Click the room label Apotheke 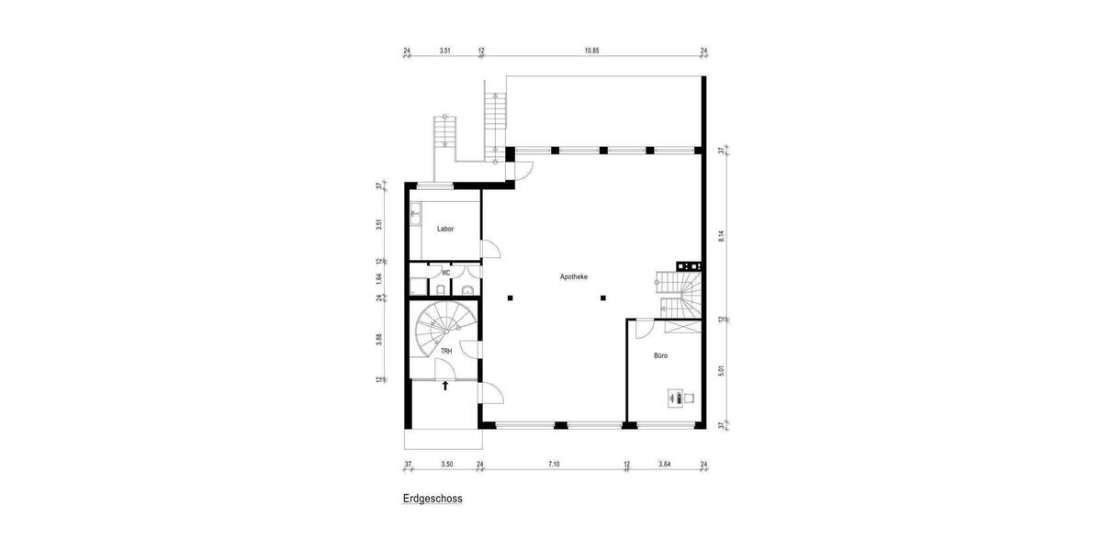(574, 276)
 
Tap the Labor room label (445, 230)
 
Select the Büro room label (660, 354)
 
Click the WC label (445, 273)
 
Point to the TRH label (445, 353)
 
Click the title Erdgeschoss (432, 500)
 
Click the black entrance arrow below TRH (445, 386)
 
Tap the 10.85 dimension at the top (591, 51)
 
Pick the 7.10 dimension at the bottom (554, 465)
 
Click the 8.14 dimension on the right (722, 234)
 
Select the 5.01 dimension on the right (722, 372)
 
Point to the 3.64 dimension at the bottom (665, 465)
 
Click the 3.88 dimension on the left (379, 340)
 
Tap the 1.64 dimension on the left (379, 276)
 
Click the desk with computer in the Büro (680, 398)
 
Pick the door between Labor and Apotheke (490, 251)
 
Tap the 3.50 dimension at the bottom (446, 465)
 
